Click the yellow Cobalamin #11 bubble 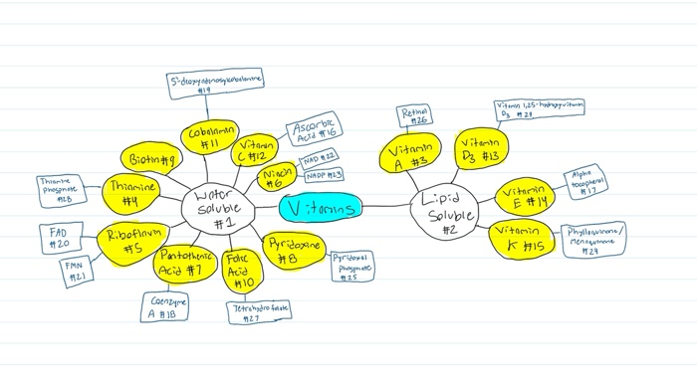(x=211, y=137)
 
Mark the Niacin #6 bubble (x=276, y=177)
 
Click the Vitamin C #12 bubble (x=258, y=150)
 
